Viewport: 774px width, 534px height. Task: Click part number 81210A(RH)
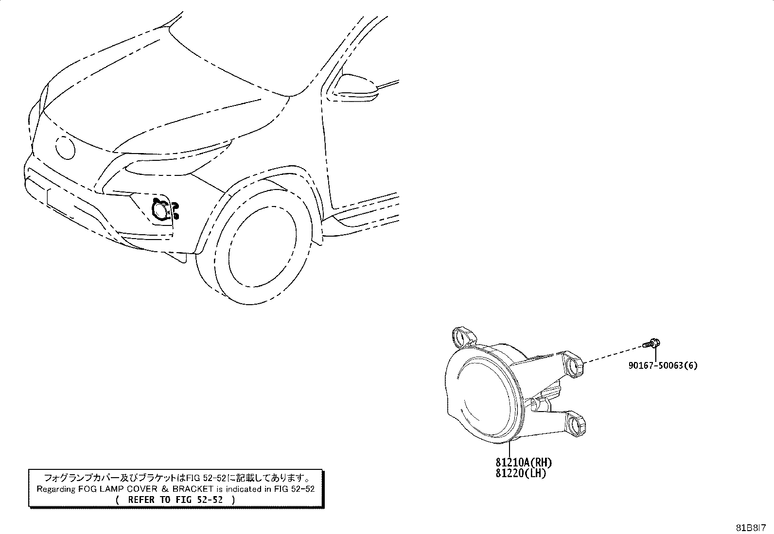tap(524, 462)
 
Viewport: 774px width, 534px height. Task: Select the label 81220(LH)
tap(521, 473)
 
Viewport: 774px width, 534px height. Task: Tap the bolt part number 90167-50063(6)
tap(663, 365)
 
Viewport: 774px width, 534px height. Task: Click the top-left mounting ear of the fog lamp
tap(462, 336)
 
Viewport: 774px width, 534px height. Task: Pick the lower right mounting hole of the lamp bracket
tap(575, 424)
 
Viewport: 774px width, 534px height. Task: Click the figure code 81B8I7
tap(751, 528)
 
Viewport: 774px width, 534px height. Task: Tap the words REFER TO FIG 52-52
tap(176, 500)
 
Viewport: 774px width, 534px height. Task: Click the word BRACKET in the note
tap(193, 489)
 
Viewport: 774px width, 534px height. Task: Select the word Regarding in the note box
tap(56, 489)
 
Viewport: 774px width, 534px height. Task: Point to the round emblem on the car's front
tap(66, 148)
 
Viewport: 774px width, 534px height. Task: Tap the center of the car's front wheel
tap(262, 246)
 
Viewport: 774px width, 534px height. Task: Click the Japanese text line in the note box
tap(176, 478)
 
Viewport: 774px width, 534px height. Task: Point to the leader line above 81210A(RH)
tap(510, 448)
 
